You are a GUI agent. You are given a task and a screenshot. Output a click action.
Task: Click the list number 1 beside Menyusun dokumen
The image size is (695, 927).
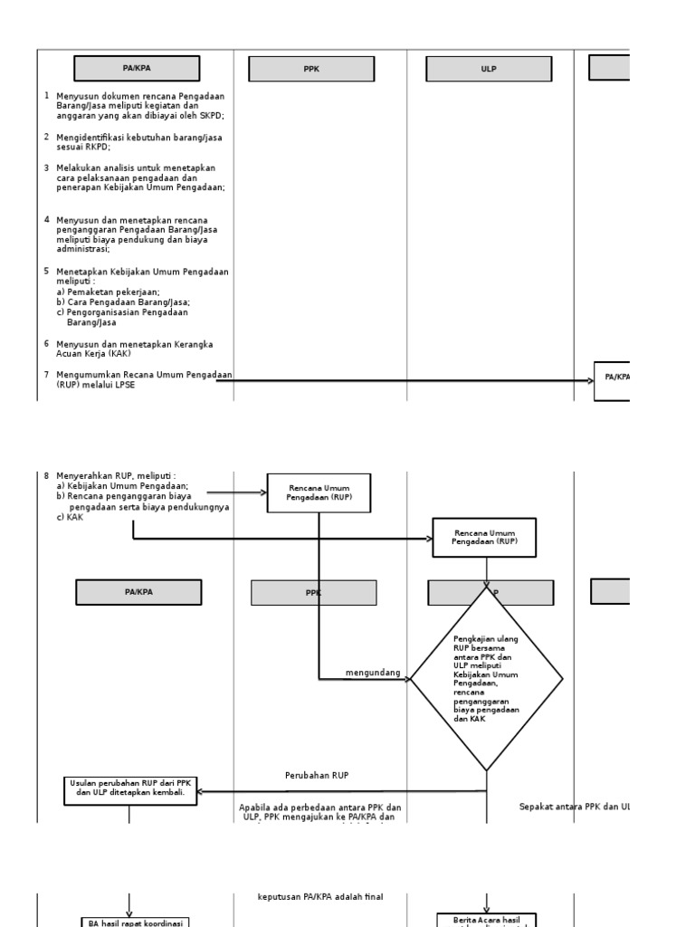pyautogui.click(x=46, y=95)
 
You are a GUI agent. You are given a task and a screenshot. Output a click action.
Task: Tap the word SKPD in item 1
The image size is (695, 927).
pyautogui.click(x=212, y=116)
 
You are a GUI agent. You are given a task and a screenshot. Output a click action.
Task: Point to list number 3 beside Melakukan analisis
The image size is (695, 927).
pyautogui.click(x=46, y=167)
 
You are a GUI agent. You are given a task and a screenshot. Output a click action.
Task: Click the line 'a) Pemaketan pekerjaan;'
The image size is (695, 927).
pyautogui.click(x=108, y=291)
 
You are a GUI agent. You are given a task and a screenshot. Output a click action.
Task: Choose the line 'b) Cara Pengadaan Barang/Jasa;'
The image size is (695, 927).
pyautogui.click(x=123, y=302)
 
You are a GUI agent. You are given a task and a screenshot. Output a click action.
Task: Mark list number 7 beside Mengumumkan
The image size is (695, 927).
pyautogui.click(x=46, y=374)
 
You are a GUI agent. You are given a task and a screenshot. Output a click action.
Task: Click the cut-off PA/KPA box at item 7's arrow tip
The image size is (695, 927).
pyautogui.click(x=612, y=380)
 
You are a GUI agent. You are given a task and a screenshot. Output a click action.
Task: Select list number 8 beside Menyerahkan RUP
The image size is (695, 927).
pyautogui.click(x=46, y=476)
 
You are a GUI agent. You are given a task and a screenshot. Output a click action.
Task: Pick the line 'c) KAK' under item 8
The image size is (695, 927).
pyautogui.click(x=70, y=518)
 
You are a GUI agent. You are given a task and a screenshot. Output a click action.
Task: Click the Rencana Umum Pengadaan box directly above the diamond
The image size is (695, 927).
pyautogui.click(x=484, y=538)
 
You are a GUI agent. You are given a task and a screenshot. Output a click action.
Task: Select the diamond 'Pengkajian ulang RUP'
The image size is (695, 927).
pyautogui.click(x=487, y=679)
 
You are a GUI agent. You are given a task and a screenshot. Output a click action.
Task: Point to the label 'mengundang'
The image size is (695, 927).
pyautogui.click(x=373, y=673)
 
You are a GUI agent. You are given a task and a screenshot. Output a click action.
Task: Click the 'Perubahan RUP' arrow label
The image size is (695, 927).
pyautogui.click(x=317, y=776)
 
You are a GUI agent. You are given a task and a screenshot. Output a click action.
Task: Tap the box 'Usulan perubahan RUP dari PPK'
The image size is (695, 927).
pyautogui.click(x=130, y=790)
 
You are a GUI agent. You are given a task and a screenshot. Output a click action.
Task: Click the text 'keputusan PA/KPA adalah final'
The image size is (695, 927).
pyautogui.click(x=320, y=897)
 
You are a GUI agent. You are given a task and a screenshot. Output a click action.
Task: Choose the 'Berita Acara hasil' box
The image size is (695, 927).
pyautogui.click(x=487, y=920)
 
